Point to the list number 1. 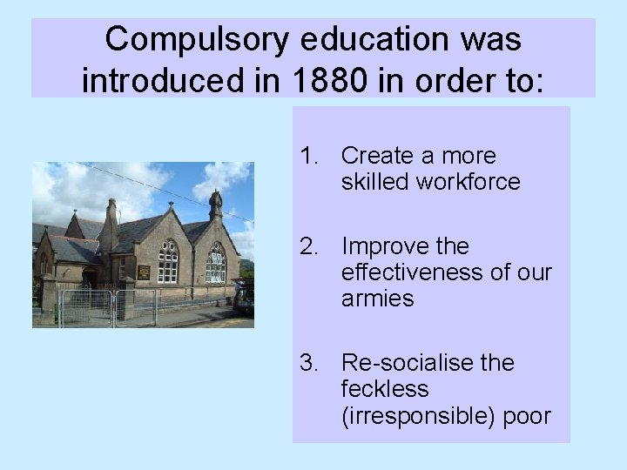307,156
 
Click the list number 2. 307,246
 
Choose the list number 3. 307,362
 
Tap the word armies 377,299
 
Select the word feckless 385,388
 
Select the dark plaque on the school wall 144,272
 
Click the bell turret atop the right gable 215,205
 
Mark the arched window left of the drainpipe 168,261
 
